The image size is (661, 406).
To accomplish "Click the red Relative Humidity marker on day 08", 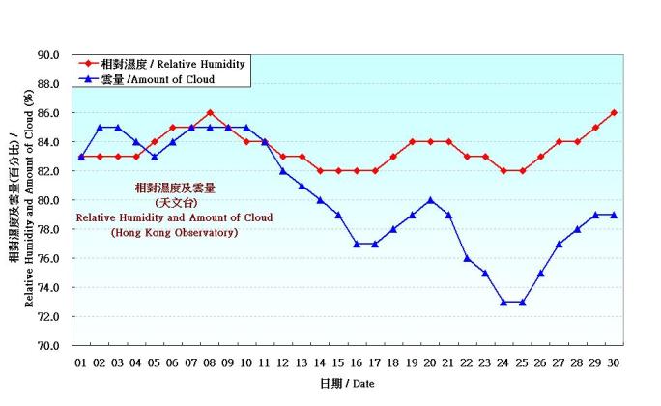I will pyautogui.click(x=210, y=113).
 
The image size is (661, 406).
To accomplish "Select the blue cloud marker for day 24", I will pyautogui.click(x=503, y=302).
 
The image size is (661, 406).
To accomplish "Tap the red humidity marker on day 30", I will pyautogui.click(x=614, y=113).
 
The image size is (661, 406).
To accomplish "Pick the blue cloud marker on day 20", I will pyautogui.click(x=430, y=200).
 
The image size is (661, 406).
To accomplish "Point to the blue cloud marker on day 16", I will pyautogui.click(x=357, y=244).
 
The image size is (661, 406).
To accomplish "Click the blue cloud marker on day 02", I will pyautogui.click(x=100, y=128).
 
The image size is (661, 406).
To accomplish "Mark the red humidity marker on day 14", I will pyautogui.click(x=320, y=171).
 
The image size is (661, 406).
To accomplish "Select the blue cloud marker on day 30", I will pyautogui.click(x=614, y=215).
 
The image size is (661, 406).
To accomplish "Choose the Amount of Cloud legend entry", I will pyautogui.click(x=160, y=79).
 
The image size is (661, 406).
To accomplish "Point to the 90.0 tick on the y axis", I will pyautogui.click(x=49, y=55).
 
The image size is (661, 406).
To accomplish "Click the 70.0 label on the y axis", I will pyautogui.click(x=49, y=345).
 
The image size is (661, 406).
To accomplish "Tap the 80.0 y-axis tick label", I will pyautogui.click(x=49, y=200).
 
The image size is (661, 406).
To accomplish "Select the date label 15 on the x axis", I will pyautogui.click(x=338, y=362).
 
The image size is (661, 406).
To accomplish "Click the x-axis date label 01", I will pyautogui.click(x=81, y=362).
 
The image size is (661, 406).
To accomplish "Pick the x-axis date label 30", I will pyautogui.click(x=614, y=362).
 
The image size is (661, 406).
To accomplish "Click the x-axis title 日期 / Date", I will pyautogui.click(x=347, y=385).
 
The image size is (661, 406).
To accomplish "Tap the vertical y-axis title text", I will pyautogui.click(x=20, y=199).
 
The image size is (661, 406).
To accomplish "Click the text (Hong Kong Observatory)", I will pyautogui.click(x=174, y=233).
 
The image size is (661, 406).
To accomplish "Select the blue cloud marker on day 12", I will pyautogui.click(x=283, y=171).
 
